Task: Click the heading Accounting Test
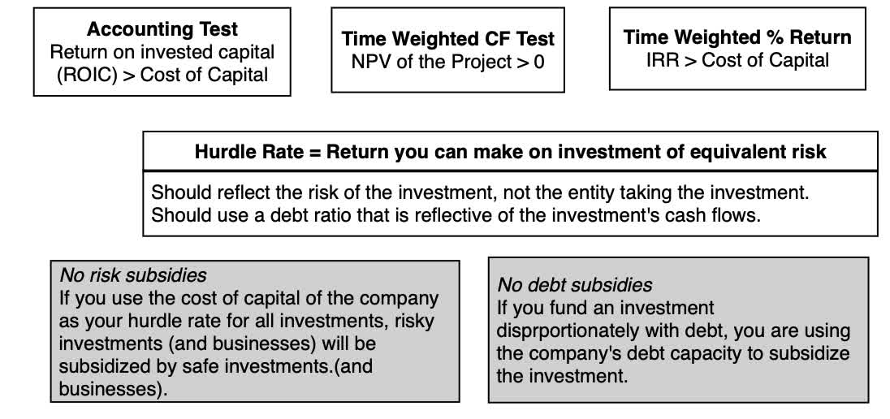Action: click(x=162, y=29)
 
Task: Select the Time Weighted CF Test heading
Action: click(x=447, y=38)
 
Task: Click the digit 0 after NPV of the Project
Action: click(x=539, y=61)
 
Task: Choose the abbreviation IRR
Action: click(x=664, y=60)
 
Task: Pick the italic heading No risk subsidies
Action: click(x=133, y=276)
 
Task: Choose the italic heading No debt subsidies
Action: click(x=574, y=285)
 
